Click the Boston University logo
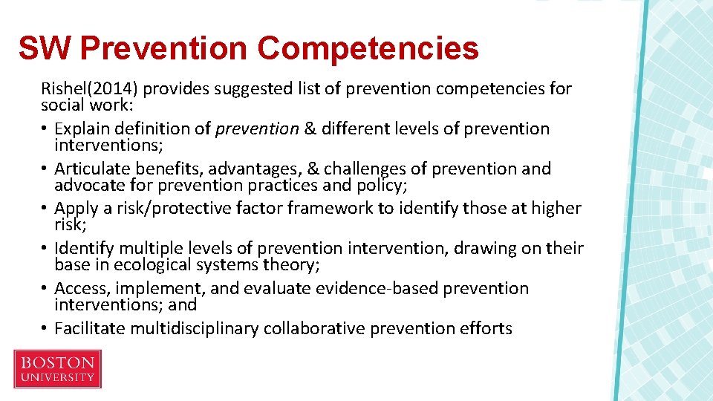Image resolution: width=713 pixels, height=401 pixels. coord(57,369)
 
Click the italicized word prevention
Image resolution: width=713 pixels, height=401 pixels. coord(257,129)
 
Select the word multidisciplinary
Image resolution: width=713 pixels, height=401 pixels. coord(201,328)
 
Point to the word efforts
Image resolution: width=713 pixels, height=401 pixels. coord(486,328)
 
